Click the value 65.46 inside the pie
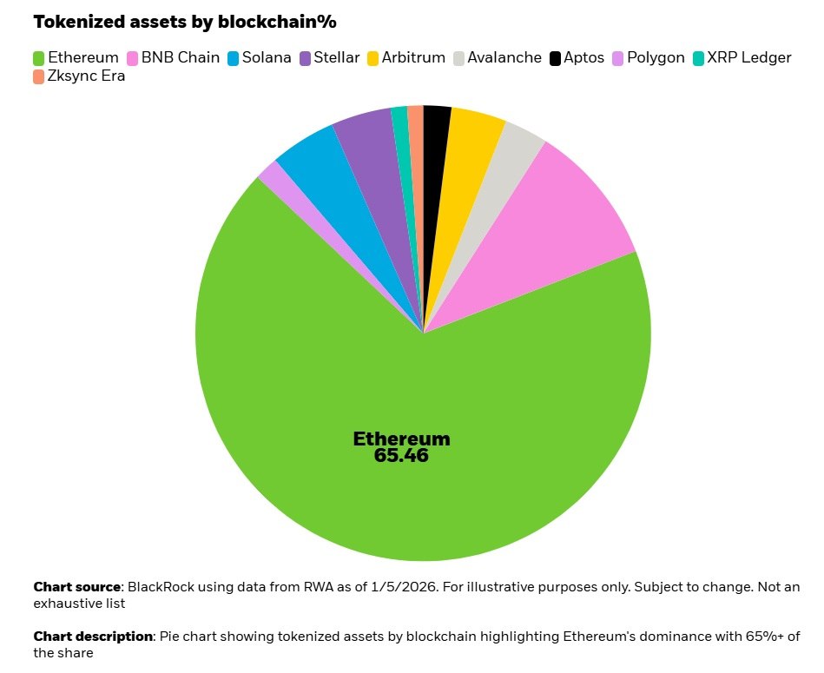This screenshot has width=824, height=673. (x=401, y=456)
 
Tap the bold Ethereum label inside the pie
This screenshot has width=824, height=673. (x=401, y=439)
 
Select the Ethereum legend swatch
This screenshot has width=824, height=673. (x=39, y=58)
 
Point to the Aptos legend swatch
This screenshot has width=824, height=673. (x=555, y=58)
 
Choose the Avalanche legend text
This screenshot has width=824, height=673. (x=504, y=58)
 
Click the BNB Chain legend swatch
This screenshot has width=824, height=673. (x=133, y=58)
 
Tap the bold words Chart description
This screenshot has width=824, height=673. (x=94, y=637)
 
